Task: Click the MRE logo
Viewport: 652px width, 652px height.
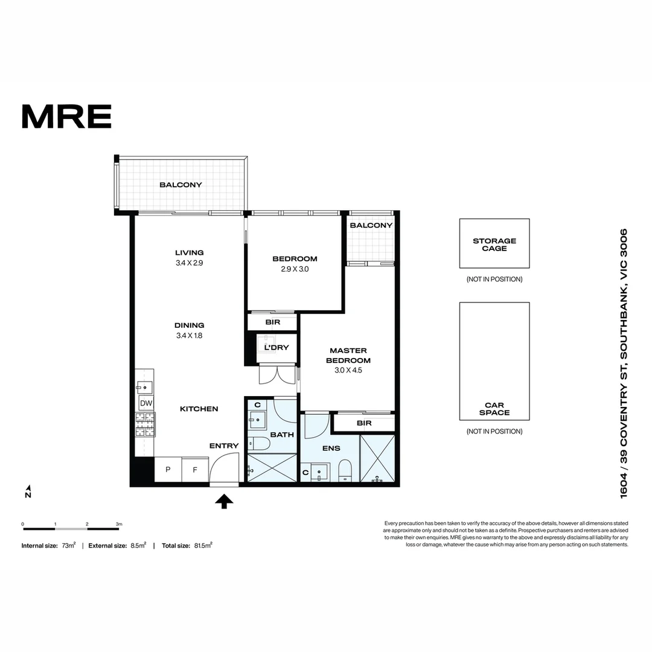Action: tap(66, 116)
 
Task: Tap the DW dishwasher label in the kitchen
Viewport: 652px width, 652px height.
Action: tap(145, 403)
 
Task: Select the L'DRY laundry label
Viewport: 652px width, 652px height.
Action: tap(276, 347)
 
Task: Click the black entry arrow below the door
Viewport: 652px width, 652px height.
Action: tap(224, 501)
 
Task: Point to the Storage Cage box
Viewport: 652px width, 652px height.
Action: tap(494, 243)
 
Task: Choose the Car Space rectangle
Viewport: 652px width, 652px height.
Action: tap(494, 361)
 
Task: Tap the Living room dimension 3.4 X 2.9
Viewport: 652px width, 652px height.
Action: tap(189, 263)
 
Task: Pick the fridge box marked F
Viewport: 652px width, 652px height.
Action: tap(194, 470)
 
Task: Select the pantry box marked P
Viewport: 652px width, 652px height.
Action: tap(167, 470)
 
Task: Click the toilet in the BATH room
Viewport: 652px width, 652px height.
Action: tap(260, 444)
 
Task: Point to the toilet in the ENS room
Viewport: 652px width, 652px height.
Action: tap(345, 470)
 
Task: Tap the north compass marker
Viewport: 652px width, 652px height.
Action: tap(28, 491)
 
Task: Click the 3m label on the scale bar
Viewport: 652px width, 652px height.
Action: tap(119, 523)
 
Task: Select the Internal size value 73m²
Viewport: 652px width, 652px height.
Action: tap(68, 545)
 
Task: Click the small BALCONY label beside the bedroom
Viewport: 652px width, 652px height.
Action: tap(371, 225)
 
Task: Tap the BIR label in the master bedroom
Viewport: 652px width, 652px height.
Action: tap(364, 423)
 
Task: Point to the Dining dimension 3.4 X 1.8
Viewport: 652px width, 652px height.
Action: tap(189, 335)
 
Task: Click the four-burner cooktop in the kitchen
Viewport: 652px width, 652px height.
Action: tap(145, 424)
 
